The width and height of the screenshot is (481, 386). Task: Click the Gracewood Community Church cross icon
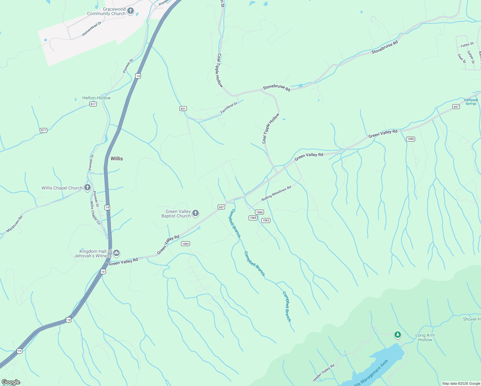point(131,11)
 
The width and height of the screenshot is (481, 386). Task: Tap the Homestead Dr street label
point(92,29)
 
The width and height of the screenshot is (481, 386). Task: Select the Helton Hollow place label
point(96,98)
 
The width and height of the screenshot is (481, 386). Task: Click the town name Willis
point(117,159)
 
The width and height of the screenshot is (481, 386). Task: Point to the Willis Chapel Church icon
point(87,188)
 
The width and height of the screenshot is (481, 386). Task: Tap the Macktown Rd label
point(14,224)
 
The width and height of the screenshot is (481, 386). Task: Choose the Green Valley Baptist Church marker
point(195,213)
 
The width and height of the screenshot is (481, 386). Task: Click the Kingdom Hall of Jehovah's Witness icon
point(116,253)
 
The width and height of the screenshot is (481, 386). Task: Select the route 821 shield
point(183,108)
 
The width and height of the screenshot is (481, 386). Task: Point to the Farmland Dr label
point(229,108)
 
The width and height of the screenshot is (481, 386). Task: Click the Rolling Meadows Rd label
point(276,193)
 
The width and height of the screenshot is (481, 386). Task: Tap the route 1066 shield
point(259,212)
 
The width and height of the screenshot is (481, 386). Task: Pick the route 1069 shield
point(186,244)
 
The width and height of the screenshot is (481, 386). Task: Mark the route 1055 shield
point(410,139)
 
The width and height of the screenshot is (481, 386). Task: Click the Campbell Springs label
point(471,102)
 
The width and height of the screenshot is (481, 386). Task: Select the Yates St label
point(467,45)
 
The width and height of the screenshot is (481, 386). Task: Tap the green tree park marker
point(398,335)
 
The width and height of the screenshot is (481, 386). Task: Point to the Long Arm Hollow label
point(425,337)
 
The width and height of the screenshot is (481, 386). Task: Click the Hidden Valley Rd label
point(323,373)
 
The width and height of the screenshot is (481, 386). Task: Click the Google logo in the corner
point(11,382)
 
